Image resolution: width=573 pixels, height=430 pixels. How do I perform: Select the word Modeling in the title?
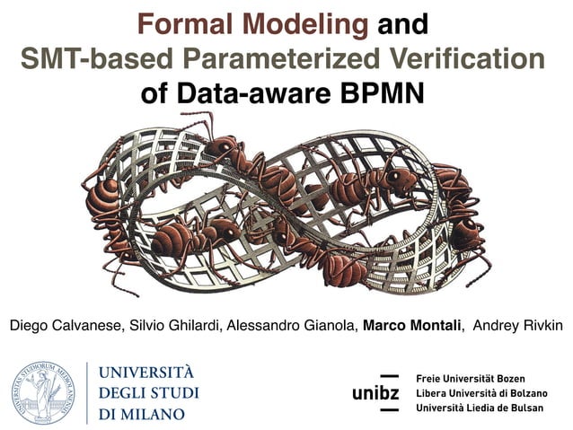pyautogui.click(x=305, y=24)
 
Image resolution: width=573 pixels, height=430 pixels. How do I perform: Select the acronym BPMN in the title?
pyautogui.click(x=383, y=92)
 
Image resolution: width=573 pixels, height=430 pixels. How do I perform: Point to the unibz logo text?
pyautogui.click(x=375, y=393)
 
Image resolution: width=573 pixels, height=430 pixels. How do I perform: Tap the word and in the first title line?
pyautogui.click(x=402, y=24)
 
